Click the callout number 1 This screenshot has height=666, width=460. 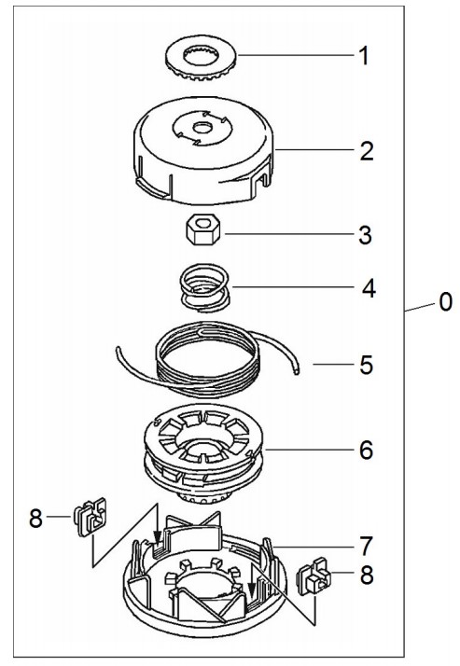click(364, 56)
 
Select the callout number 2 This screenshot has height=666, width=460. click(366, 151)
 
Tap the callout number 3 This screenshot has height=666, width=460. click(365, 235)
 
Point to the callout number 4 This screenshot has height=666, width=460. click(369, 288)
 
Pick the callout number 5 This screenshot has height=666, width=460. click(366, 365)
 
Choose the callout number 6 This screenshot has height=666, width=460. click(366, 451)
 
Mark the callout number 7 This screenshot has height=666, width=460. click(366, 546)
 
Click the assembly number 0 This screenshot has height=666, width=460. click(446, 302)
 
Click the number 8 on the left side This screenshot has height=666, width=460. click(36, 519)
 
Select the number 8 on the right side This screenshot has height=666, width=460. click(367, 576)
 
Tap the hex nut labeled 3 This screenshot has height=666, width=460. click(203, 229)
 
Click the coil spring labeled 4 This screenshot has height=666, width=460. click(204, 287)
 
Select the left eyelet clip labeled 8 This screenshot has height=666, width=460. click(91, 517)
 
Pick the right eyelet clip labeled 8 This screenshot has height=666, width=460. click(314, 576)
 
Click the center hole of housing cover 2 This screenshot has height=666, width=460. click(202, 128)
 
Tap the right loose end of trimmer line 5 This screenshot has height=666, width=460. click(297, 371)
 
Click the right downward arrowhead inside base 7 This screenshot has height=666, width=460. click(251, 590)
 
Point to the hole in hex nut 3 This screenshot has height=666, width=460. click(203, 221)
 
